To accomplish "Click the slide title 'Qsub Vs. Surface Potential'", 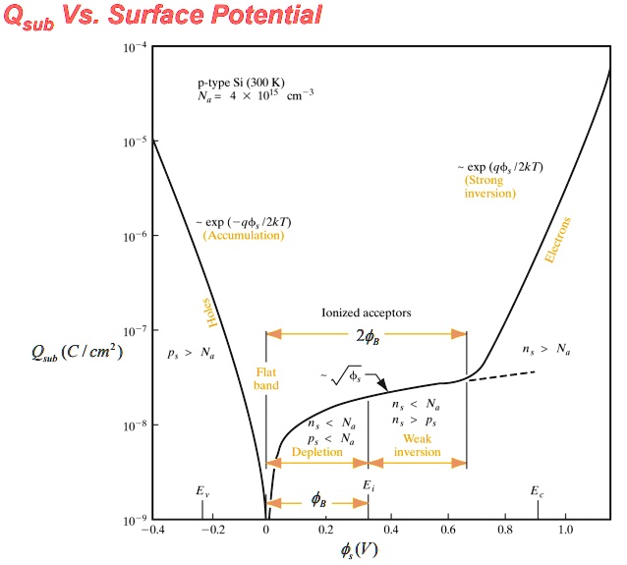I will pyautogui.click(x=163, y=16).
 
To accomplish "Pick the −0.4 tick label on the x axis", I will pyautogui.click(x=151, y=530).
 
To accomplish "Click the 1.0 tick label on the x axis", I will pyautogui.click(x=565, y=530).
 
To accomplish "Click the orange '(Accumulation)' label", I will pyautogui.click(x=243, y=237).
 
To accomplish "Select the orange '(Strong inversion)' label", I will pyautogui.click(x=490, y=187).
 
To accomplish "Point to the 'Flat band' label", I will pyautogui.click(x=266, y=379).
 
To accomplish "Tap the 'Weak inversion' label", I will pyautogui.click(x=417, y=445).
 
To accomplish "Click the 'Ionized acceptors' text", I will pyautogui.click(x=366, y=312).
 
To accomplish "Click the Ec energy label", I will pyautogui.click(x=536, y=490).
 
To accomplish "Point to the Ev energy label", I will pyautogui.click(x=202, y=490).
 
